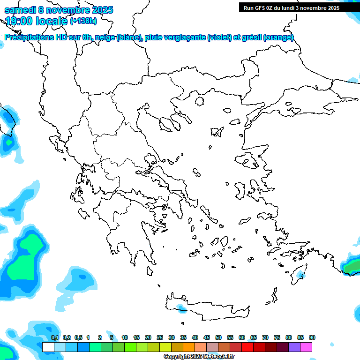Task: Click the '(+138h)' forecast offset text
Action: tap(83, 21)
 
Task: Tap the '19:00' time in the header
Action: tap(18, 21)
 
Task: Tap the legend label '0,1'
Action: tap(55, 337)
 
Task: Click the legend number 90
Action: tap(312, 337)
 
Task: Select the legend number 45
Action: tap(207, 337)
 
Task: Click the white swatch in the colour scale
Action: tap(48, 347)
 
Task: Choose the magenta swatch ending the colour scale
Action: tap(306, 347)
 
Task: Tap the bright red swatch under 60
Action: tap(247, 347)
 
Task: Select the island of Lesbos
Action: tap(247, 159)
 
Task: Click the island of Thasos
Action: tap(200, 101)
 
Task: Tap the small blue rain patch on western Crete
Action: tap(180, 307)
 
